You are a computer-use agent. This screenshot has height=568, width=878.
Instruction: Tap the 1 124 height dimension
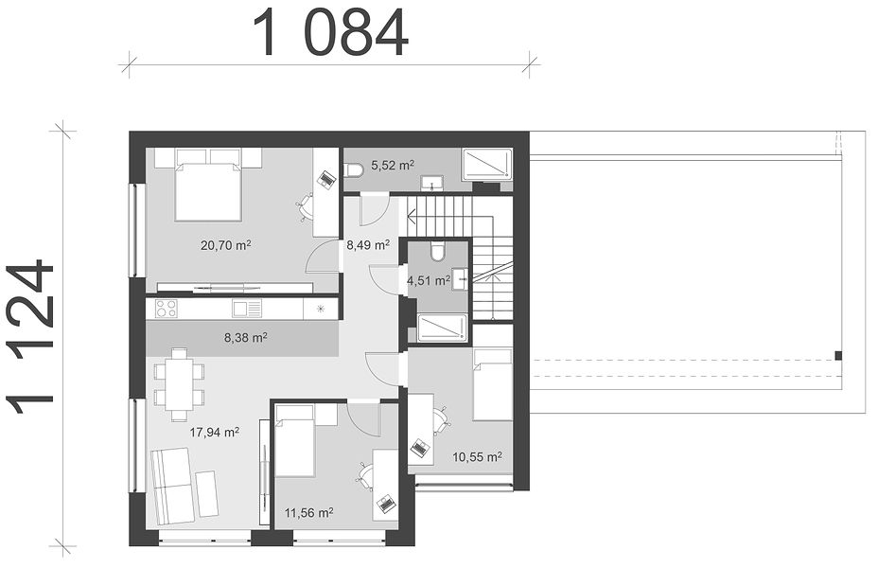pyautogui.click(x=30, y=337)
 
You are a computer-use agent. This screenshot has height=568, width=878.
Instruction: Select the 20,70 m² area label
pyautogui.click(x=225, y=245)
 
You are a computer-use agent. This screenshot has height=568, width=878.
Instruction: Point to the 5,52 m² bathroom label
pyautogui.click(x=393, y=166)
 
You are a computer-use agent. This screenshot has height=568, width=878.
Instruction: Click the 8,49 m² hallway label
pyautogui.click(x=368, y=245)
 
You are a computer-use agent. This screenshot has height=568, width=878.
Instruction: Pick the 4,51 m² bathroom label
pyautogui.click(x=429, y=280)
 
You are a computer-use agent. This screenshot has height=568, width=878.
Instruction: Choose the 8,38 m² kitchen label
pyautogui.click(x=245, y=337)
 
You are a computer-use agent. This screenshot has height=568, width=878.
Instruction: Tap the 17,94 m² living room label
pyautogui.click(x=215, y=432)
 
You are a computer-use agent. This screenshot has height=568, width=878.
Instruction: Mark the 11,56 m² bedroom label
pyautogui.click(x=309, y=512)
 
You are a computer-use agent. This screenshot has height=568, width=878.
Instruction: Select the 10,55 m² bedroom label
pyautogui.click(x=477, y=456)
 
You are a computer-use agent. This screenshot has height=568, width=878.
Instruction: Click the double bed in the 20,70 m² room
pyautogui.click(x=208, y=184)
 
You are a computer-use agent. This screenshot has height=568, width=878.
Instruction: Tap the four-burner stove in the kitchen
pyautogui.click(x=167, y=309)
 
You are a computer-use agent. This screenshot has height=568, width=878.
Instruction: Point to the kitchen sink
pyautogui.click(x=247, y=309)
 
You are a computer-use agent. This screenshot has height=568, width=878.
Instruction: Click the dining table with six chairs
pyautogui.click(x=179, y=384)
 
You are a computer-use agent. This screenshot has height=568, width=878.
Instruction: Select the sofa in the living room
pyautogui.click(x=172, y=486)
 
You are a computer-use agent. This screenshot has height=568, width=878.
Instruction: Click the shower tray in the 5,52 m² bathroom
pyautogui.click(x=487, y=164)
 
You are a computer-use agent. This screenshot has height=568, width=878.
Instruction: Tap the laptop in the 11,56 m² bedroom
pyautogui.click(x=385, y=502)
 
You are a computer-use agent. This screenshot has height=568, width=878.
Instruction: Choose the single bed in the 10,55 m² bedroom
pyautogui.click(x=493, y=384)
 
